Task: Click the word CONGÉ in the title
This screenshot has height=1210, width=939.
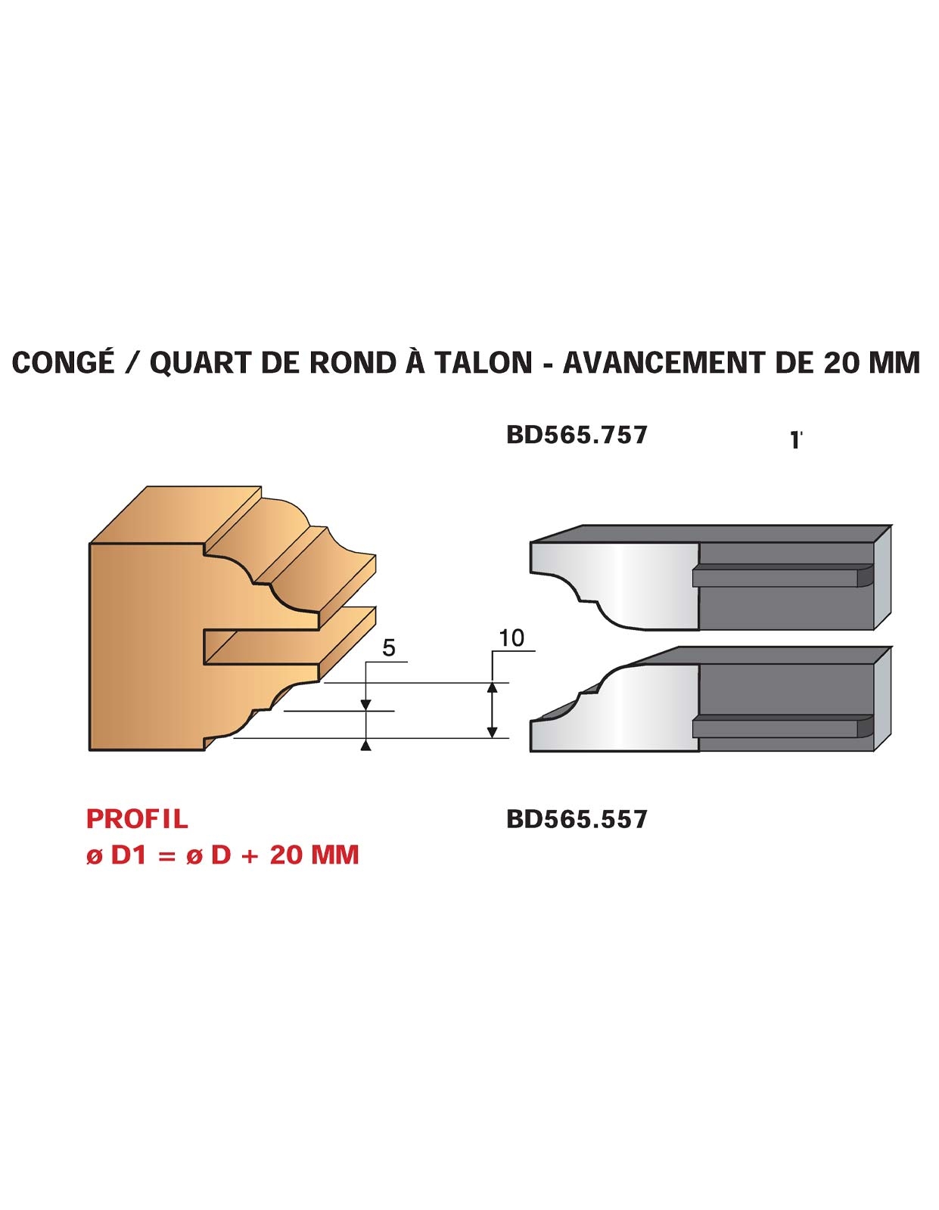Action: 63,362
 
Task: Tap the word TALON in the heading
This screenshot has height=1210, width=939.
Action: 483,362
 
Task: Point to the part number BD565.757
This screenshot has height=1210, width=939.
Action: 577,435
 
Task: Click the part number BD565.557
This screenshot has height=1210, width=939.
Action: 577,819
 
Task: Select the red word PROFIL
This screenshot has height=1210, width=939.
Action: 137,818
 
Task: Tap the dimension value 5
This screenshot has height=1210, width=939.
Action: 389,648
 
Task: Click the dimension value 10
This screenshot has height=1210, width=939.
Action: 511,638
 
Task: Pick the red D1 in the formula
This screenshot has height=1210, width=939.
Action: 128,855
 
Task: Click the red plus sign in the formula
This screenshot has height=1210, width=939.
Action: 250,856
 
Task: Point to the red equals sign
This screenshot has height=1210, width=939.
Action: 166,856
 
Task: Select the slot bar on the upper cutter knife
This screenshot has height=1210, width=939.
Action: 782,576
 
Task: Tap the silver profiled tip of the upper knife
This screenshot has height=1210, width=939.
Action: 614,585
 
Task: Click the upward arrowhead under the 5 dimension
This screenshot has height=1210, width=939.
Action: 366,746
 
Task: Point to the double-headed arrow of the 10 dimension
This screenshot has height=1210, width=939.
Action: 492,710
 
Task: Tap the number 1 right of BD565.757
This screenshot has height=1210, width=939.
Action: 794,440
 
